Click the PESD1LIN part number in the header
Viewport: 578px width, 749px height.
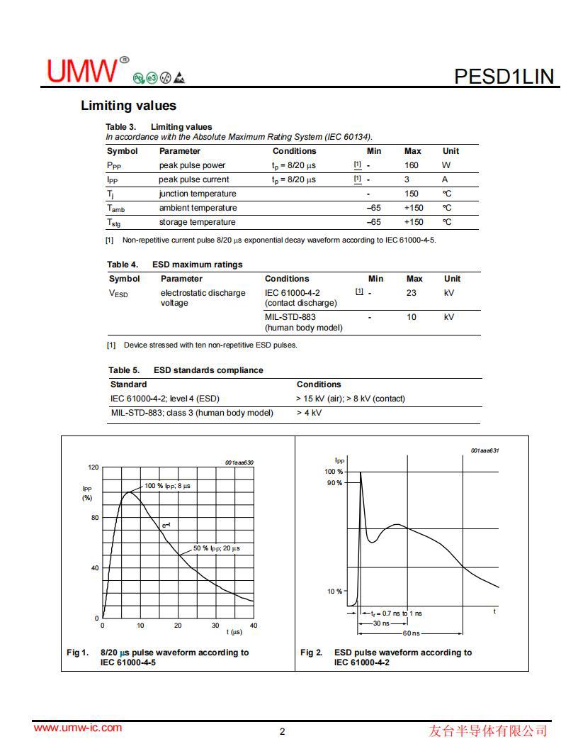pyautogui.click(x=504, y=76)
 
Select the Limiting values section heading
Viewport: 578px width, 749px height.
pyautogui.click(x=128, y=106)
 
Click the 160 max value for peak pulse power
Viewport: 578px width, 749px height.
pyautogui.click(x=412, y=165)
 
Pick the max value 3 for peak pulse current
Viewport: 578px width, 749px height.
pyautogui.click(x=407, y=179)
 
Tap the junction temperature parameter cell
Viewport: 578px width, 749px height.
pyautogui.click(x=198, y=194)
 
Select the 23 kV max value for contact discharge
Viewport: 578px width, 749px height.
pyautogui.click(x=412, y=293)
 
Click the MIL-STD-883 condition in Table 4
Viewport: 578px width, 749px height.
pyautogui.click(x=290, y=317)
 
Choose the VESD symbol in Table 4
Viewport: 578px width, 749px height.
pyautogui.click(x=118, y=294)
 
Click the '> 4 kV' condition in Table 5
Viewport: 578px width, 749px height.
pyautogui.click(x=309, y=413)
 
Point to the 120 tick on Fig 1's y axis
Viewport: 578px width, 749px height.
pyautogui.click(x=93, y=467)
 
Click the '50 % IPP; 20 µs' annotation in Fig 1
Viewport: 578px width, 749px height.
pyautogui.click(x=217, y=548)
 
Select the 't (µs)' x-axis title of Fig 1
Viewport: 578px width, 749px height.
pyautogui.click(x=234, y=631)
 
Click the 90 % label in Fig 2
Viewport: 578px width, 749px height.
pyautogui.click(x=334, y=483)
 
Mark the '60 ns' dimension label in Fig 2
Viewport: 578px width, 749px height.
pyautogui.click(x=412, y=633)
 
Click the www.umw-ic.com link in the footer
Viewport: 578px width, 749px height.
pyautogui.click(x=78, y=728)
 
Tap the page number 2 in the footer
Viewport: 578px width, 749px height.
pyautogui.click(x=282, y=732)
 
